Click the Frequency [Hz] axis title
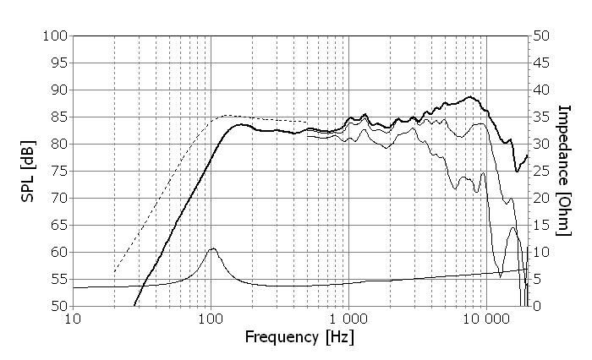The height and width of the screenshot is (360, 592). tap(299, 337)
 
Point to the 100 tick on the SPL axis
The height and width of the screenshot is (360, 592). tap(56, 35)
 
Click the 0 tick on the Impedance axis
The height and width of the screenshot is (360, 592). tap(535, 306)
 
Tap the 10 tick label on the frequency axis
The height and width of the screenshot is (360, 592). tap(73, 319)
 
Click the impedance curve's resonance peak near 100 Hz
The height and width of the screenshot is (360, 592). tap(213, 248)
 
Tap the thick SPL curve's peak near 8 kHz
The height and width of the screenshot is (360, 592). tap(470, 96)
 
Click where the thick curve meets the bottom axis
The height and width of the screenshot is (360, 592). tap(134, 305)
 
